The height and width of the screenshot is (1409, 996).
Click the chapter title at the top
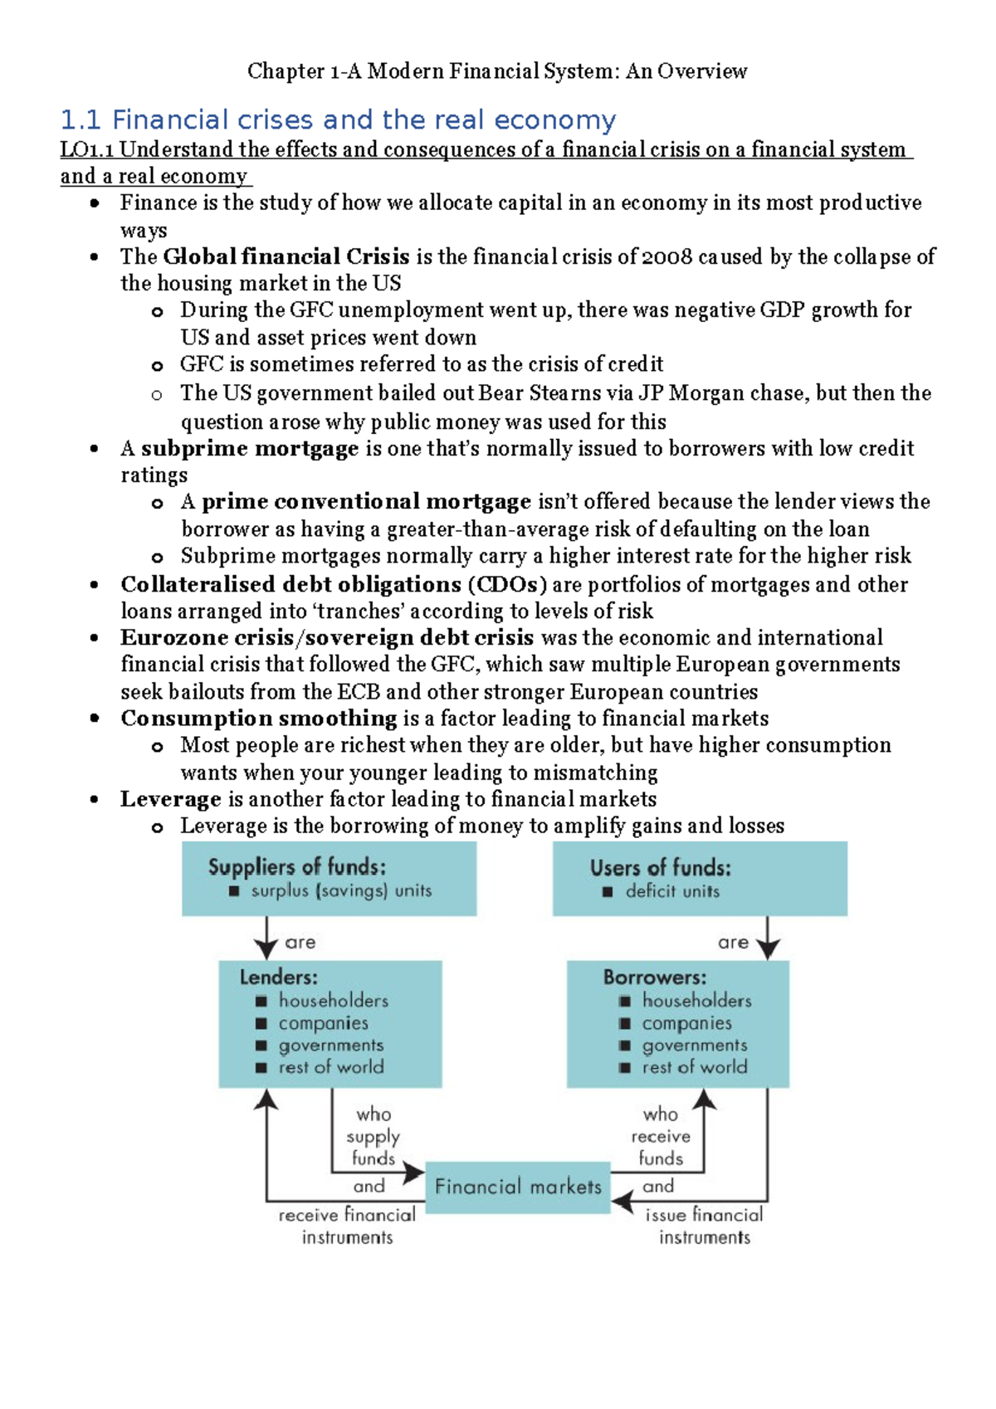[x=497, y=71]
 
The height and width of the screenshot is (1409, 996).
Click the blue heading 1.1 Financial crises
[x=338, y=120]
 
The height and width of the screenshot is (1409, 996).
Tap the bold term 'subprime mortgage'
[x=250, y=449]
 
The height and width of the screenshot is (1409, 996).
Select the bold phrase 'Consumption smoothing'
[x=259, y=719]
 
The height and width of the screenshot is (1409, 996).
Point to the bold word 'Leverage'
[x=171, y=799]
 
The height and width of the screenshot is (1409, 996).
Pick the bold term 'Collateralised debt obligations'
[x=290, y=585]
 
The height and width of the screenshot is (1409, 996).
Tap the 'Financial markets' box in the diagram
[x=518, y=1187]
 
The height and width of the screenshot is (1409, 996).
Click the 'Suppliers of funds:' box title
[x=297, y=867]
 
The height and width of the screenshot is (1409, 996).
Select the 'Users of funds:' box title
[x=661, y=868]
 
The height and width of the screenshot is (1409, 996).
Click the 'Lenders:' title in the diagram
[x=279, y=978]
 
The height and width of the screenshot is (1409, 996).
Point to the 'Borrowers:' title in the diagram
[x=655, y=978]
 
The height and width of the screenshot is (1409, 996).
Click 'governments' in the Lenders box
[x=331, y=1046]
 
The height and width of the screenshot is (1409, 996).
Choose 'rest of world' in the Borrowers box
[x=695, y=1068]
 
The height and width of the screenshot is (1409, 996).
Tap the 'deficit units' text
[x=672, y=892]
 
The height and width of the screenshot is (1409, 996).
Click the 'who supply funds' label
[x=373, y=1136]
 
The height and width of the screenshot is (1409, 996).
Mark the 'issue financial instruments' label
[x=705, y=1226]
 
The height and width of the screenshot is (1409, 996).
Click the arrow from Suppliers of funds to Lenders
[x=266, y=939]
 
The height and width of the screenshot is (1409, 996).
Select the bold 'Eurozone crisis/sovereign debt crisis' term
[x=327, y=638]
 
